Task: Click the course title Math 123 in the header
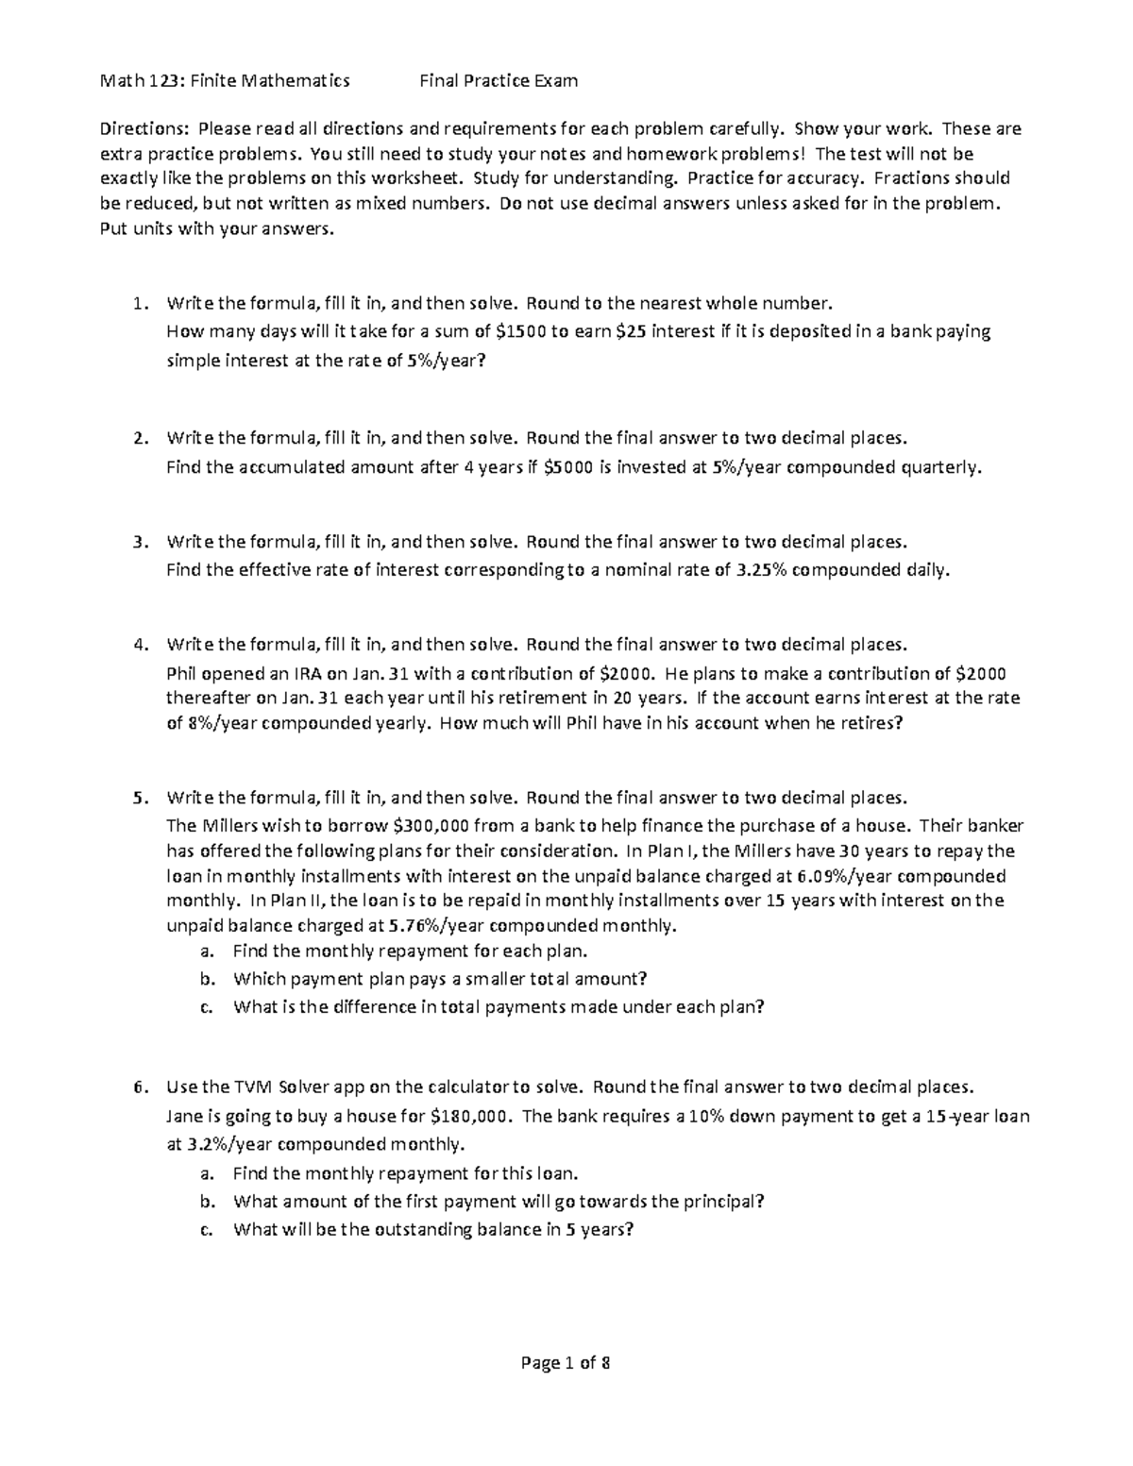(x=142, y=81)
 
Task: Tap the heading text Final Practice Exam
(x=499, y=81)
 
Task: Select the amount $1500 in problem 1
(x=519, y=331)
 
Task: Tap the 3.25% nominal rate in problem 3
(x=759, y=570)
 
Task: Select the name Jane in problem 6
(x=183, y=1116)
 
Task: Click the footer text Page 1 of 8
(x=566, y=1363)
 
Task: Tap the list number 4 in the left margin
(x=140, y=645)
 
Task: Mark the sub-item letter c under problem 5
(x=205, y=1006)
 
